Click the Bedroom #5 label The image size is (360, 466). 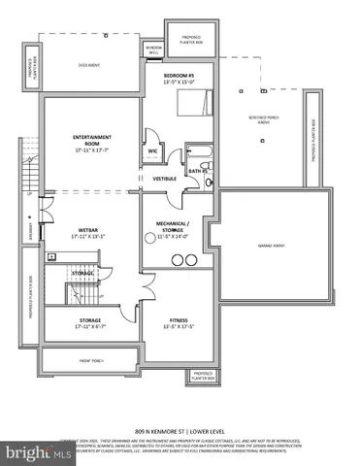(x=180, y=76)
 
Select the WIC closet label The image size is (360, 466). (x=153, y=150)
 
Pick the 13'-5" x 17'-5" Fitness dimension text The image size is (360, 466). (x=178, y=325)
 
